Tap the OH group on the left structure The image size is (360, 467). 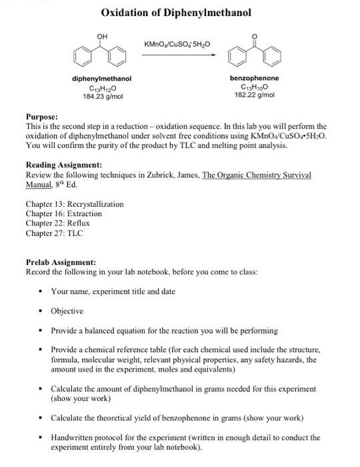(x=101, y=37)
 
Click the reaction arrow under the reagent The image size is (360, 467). (x=179, y=55)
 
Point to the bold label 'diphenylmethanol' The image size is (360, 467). (x=101, y=79)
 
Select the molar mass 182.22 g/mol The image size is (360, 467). (x=255, y=95)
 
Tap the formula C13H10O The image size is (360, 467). (x=255, y=87)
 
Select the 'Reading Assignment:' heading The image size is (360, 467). (x=63, y=164)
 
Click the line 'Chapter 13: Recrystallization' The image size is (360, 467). (x=74, y=204)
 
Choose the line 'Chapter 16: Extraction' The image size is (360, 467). (x=63, y=213)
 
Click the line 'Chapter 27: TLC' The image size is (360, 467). (x=54, y=233)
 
